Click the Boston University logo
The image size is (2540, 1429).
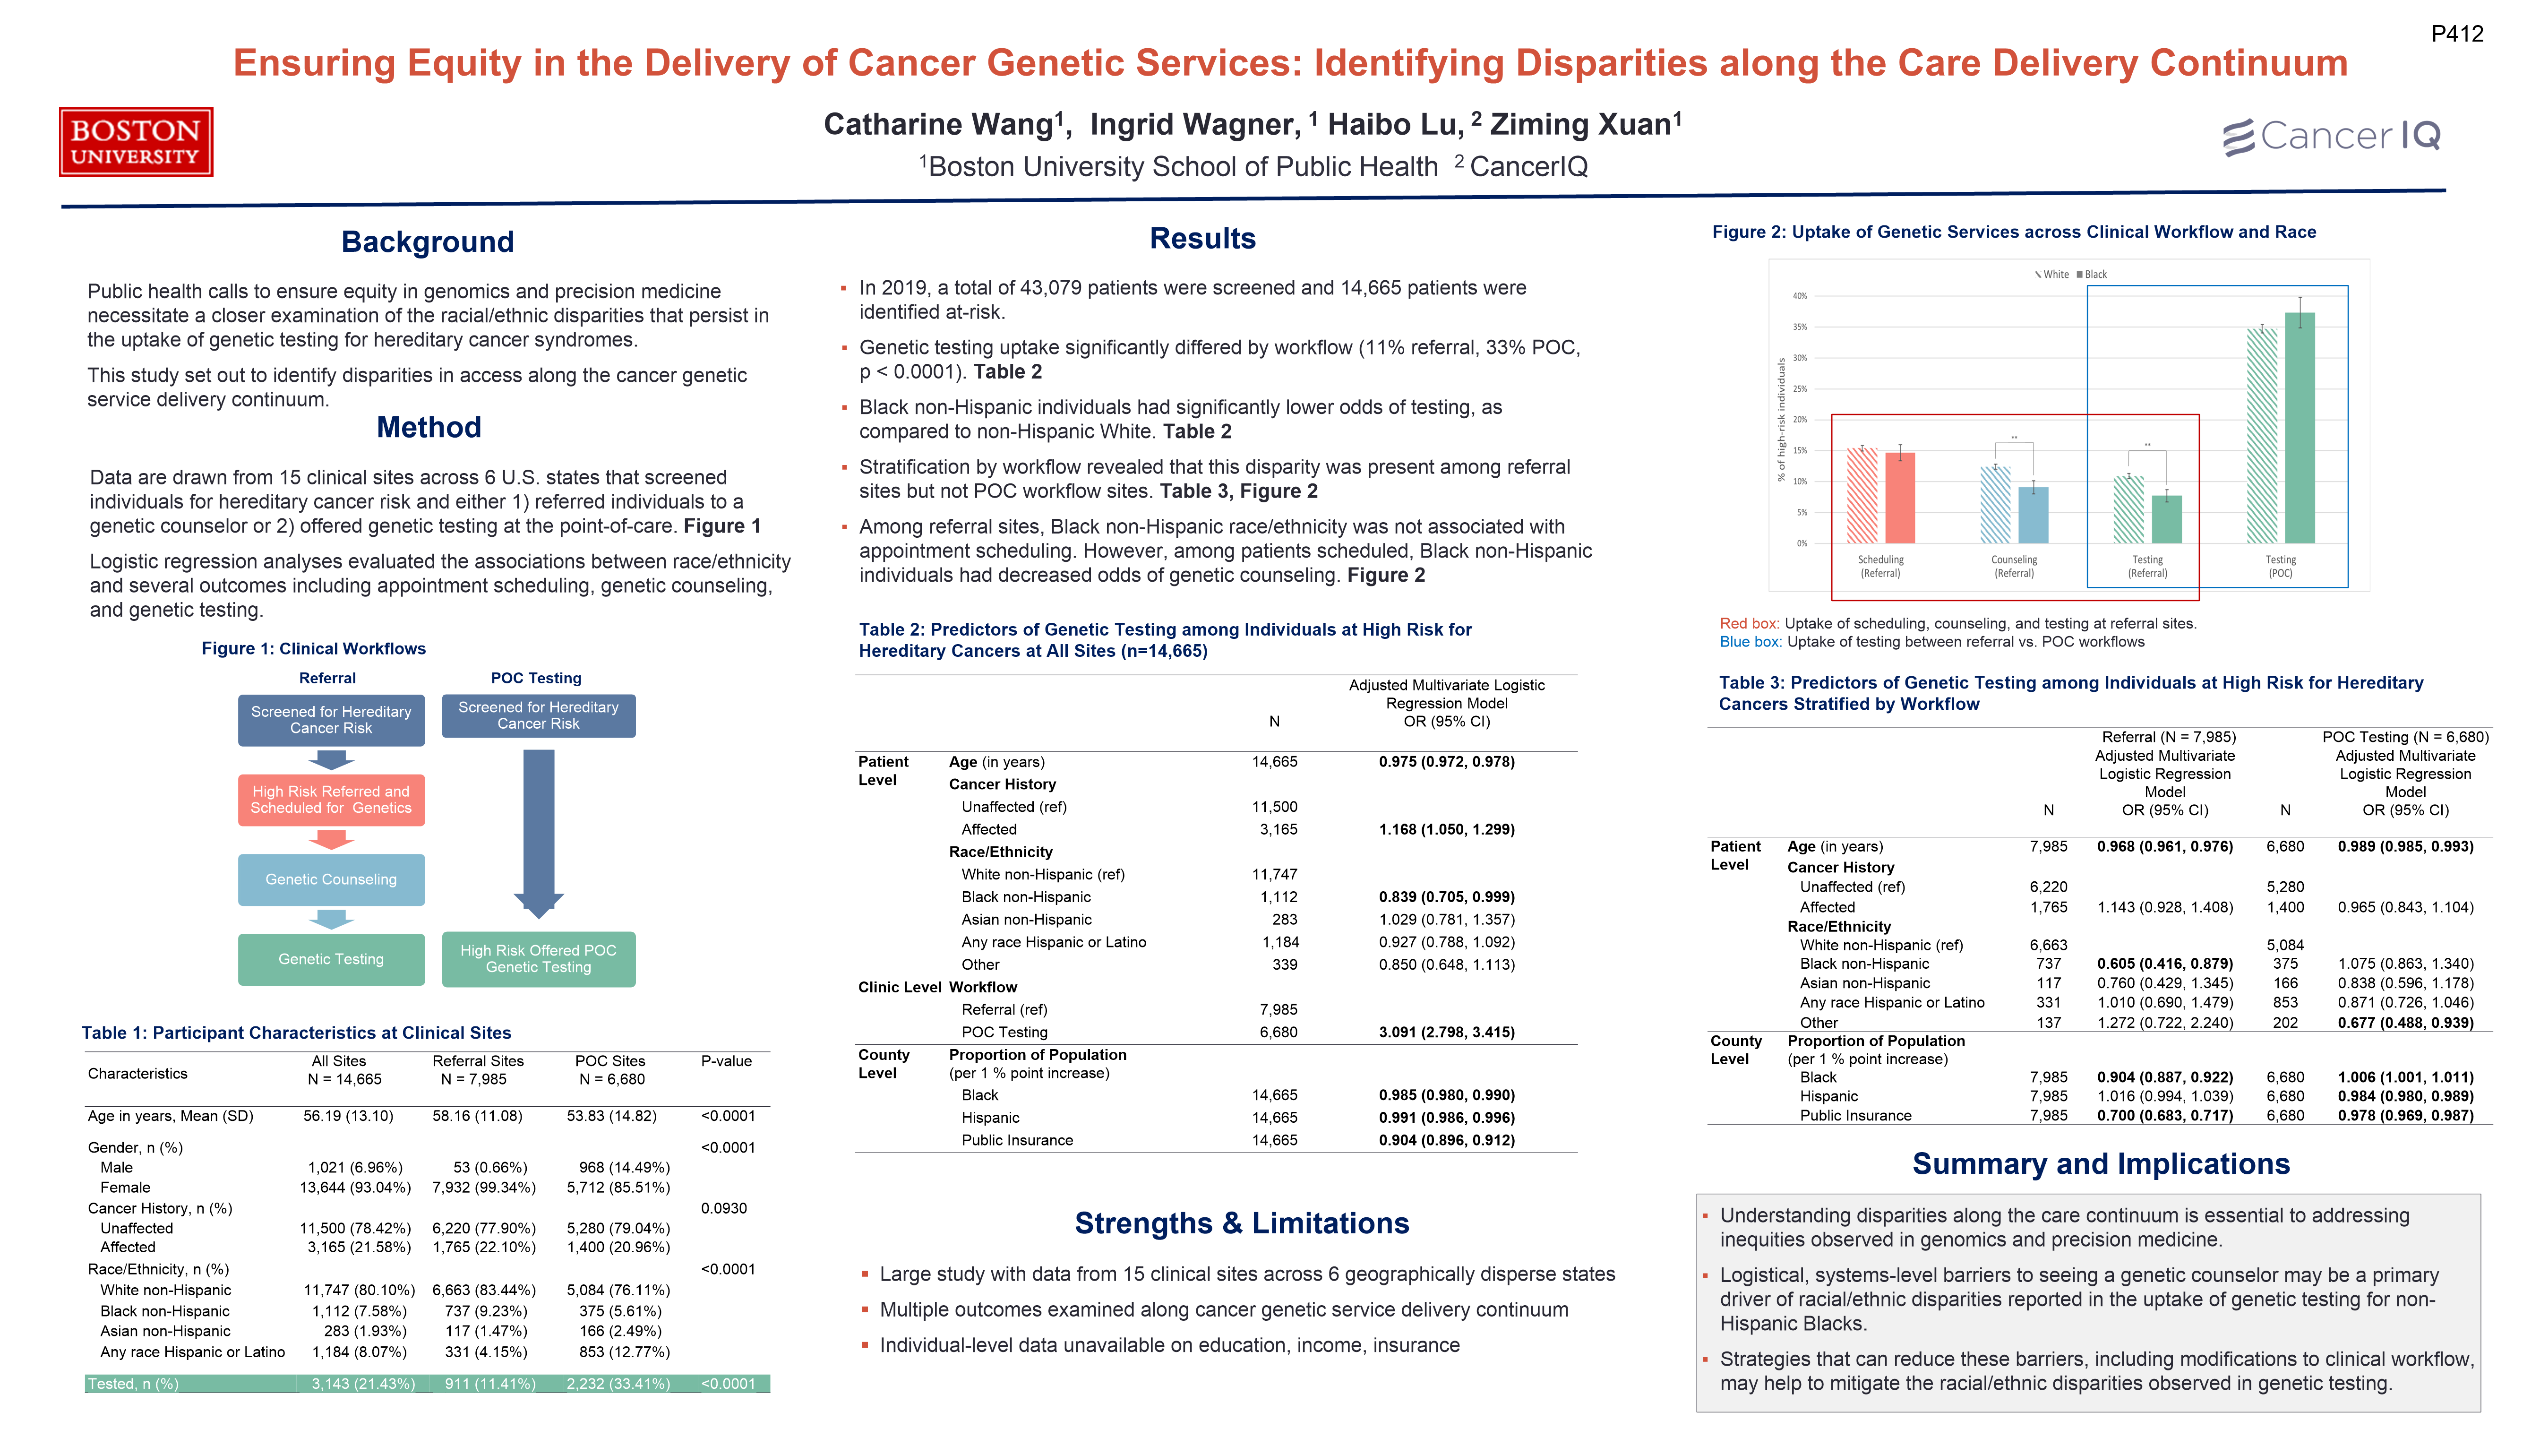[136, 142]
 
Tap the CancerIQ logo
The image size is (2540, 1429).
[2331, 136]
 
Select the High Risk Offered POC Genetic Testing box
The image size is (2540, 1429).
[538, 959]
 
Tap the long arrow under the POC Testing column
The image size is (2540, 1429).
[538, 828]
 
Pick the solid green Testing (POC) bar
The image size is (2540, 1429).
[2300, 429]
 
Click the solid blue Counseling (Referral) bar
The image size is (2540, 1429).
[2033, 515]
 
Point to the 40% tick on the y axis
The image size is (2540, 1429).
[1800, 296]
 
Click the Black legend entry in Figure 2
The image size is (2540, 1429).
[2093, 274]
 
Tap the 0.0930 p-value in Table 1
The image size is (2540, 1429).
[724, 1208]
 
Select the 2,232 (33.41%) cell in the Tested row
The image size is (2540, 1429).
[618, 1384]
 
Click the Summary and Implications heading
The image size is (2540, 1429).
[2100, 1164]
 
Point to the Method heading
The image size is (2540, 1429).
[429, 427]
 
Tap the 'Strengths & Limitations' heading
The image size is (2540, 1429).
[1241, 1223]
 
